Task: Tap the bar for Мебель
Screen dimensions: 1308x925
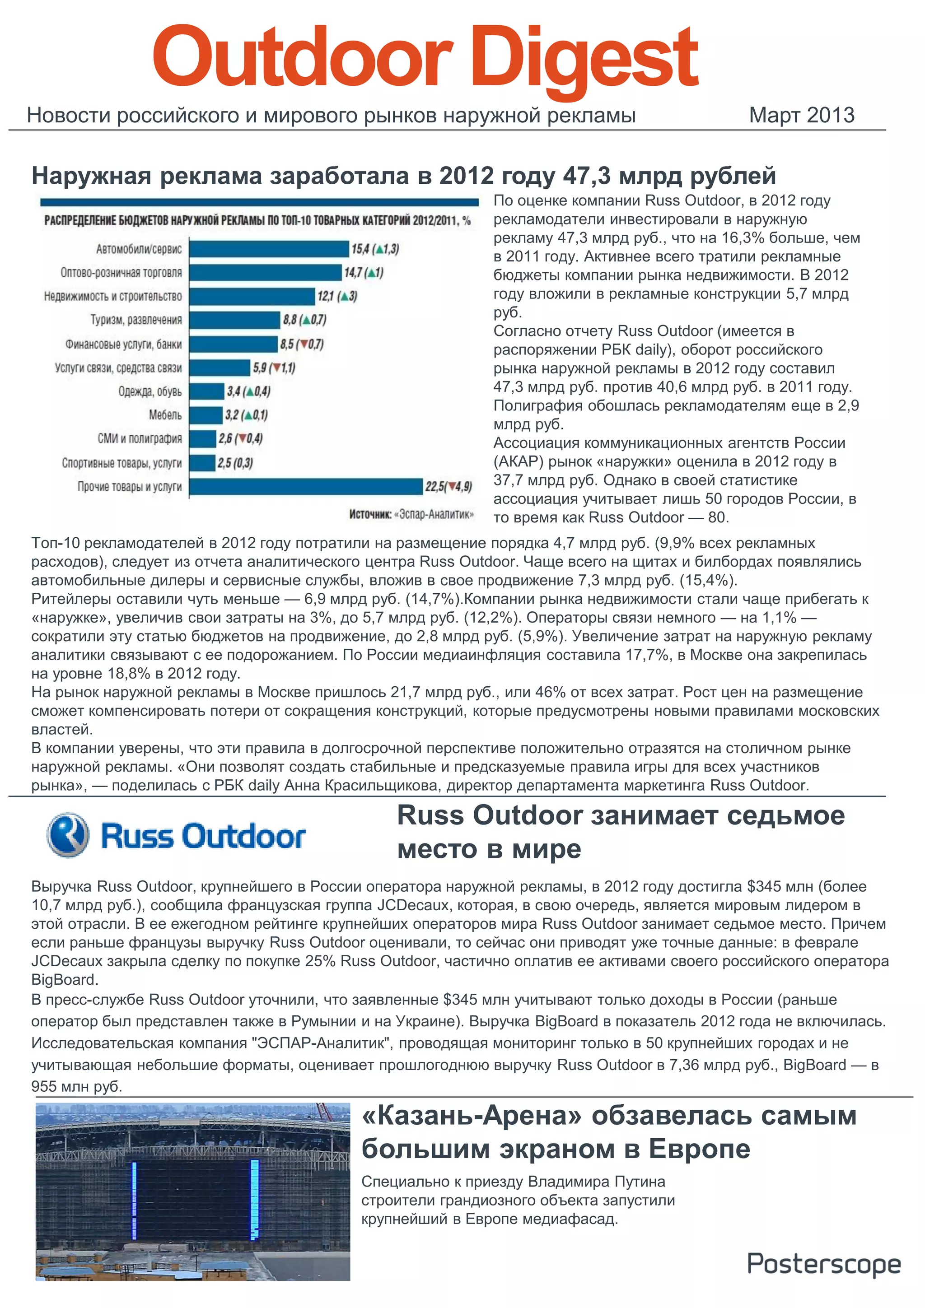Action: point(206,415)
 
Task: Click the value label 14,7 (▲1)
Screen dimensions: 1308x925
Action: point(363,273)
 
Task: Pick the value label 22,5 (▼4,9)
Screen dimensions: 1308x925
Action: point(448,487)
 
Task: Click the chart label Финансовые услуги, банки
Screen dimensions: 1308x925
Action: point(123,344)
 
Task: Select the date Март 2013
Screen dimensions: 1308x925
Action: point(801,115)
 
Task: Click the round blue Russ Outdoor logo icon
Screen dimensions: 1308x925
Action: point(68,835)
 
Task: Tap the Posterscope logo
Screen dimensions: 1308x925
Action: point(823,1264)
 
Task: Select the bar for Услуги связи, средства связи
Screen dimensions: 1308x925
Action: point(220,368)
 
